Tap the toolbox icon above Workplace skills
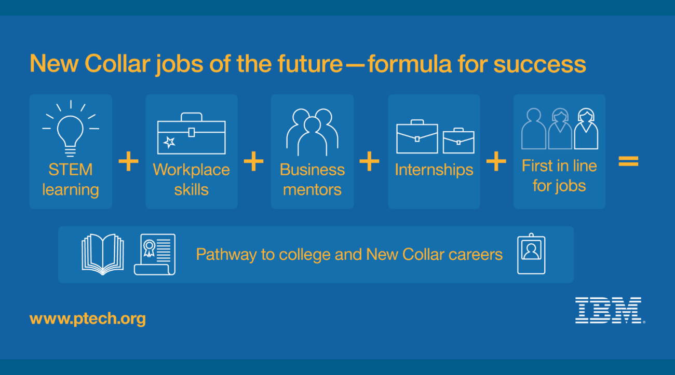point(192,133)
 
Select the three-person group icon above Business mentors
point(312,132)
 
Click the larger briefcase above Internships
point(417,136)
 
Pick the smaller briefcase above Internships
point(458,141)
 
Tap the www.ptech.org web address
point(88,318)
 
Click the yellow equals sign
point(628,161)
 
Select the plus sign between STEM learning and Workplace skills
point(128,161)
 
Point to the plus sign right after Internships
point(496,161)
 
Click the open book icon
point(103,254)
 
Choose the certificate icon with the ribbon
point(155,254)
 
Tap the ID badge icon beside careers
point(531,254)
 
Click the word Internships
point(434,170)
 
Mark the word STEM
point(71,170)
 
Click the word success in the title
point(539,64)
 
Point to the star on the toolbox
point(169,142)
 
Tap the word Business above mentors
point(312,170)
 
